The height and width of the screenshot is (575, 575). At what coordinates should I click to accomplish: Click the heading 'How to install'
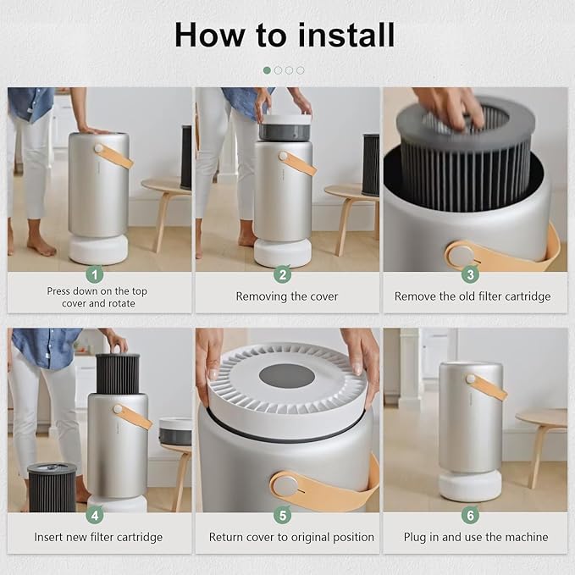(285, 36)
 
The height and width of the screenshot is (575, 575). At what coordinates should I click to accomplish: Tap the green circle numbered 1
(96, 274)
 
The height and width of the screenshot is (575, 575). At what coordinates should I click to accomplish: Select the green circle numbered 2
(283, 274)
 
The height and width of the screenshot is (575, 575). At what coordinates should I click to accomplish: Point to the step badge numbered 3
(471, 274)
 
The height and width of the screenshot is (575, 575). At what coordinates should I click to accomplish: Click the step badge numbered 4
(96, 514)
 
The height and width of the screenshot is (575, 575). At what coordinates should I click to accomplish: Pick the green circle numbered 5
(283, 514)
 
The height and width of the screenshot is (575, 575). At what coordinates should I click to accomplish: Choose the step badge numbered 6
(471, 514)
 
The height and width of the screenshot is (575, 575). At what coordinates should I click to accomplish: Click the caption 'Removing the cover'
(286, 296)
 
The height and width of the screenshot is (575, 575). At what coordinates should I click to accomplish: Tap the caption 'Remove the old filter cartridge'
(473, 296)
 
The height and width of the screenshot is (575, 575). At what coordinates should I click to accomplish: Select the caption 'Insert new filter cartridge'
(98, 537)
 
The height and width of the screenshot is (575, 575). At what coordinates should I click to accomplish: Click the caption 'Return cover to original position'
(291, 537)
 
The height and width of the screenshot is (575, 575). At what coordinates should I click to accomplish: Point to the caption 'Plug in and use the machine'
(474, 537)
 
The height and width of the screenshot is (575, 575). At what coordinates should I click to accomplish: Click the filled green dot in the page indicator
(267, 70)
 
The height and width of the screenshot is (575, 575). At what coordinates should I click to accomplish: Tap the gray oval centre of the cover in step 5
(286, 374)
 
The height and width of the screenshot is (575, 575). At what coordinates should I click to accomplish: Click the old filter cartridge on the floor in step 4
(52, 487)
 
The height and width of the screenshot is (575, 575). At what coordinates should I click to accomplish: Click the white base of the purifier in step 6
(469, 485)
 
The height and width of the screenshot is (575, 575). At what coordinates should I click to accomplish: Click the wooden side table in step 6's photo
(542, 420)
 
